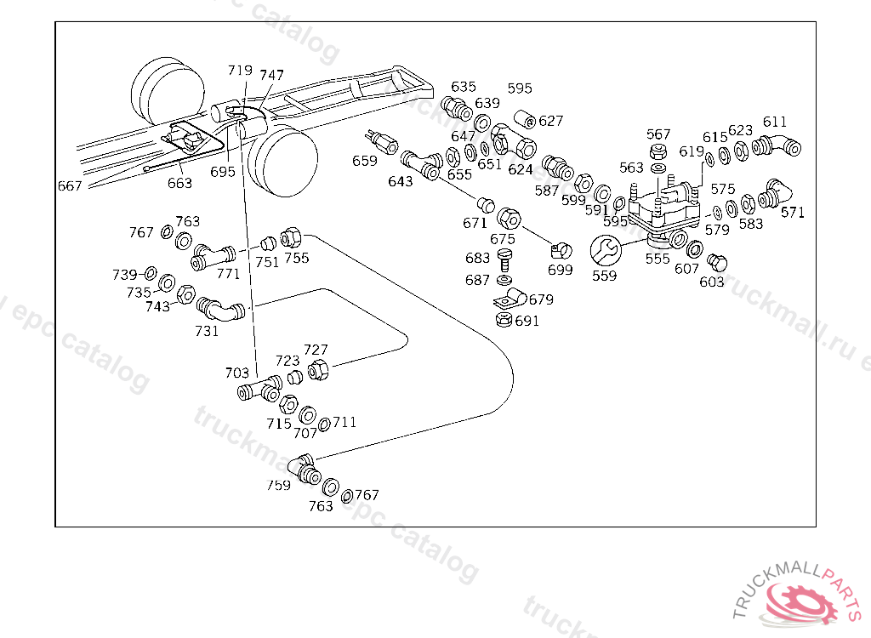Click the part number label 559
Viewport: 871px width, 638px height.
tap(604, 275)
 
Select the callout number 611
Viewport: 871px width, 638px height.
tap(774, 122)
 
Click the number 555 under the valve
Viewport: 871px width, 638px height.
tap(658, 259)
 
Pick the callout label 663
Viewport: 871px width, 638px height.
tap(179, 183)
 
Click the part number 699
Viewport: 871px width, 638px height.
tap(560, 271)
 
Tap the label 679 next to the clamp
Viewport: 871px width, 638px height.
tap(541, 299)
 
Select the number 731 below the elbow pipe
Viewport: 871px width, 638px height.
tap(207, 330)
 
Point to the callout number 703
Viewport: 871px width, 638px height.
tap(237, 373)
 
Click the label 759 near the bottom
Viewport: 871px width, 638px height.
tap(278, 485)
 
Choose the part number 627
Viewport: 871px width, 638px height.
tap(550, 121)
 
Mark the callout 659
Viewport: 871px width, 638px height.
tap(364, 161)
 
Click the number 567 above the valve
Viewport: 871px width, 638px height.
tap(658, 134)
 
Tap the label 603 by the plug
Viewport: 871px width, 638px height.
tap(712, 282)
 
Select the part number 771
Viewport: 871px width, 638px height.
tap(228, 273)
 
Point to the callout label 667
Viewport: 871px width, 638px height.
tap(70, 186)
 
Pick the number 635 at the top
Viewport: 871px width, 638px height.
tap(464, 87)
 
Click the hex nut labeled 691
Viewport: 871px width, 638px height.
tap(502, 321)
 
